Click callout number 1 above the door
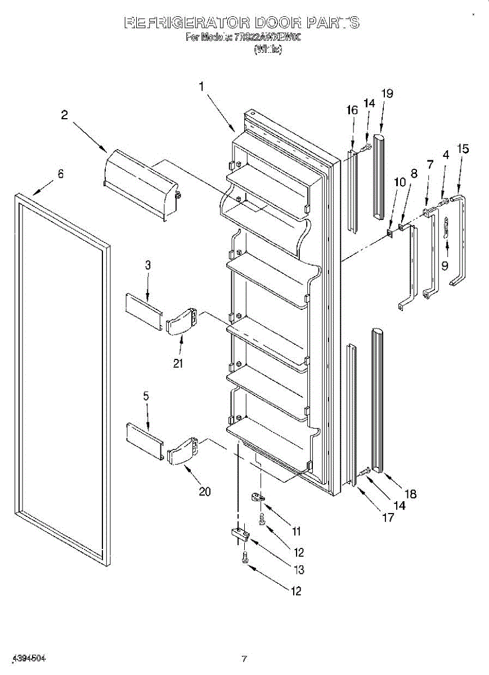tap(201, 87)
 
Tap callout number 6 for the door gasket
tap(61, 174)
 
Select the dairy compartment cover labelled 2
tap(141, 181)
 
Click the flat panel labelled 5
tap(144, 434)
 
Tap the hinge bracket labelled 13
tap(240, 534)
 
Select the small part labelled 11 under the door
tap(258, 497)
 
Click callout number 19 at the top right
tap(387, 93)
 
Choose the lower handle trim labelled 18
tap(376, 399)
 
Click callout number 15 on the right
tap(463, 149)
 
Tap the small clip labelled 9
tap(446, 229)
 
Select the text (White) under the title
tap(268, 49)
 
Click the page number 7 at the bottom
tap(244, 659)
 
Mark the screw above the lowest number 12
tap(245, 557)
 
